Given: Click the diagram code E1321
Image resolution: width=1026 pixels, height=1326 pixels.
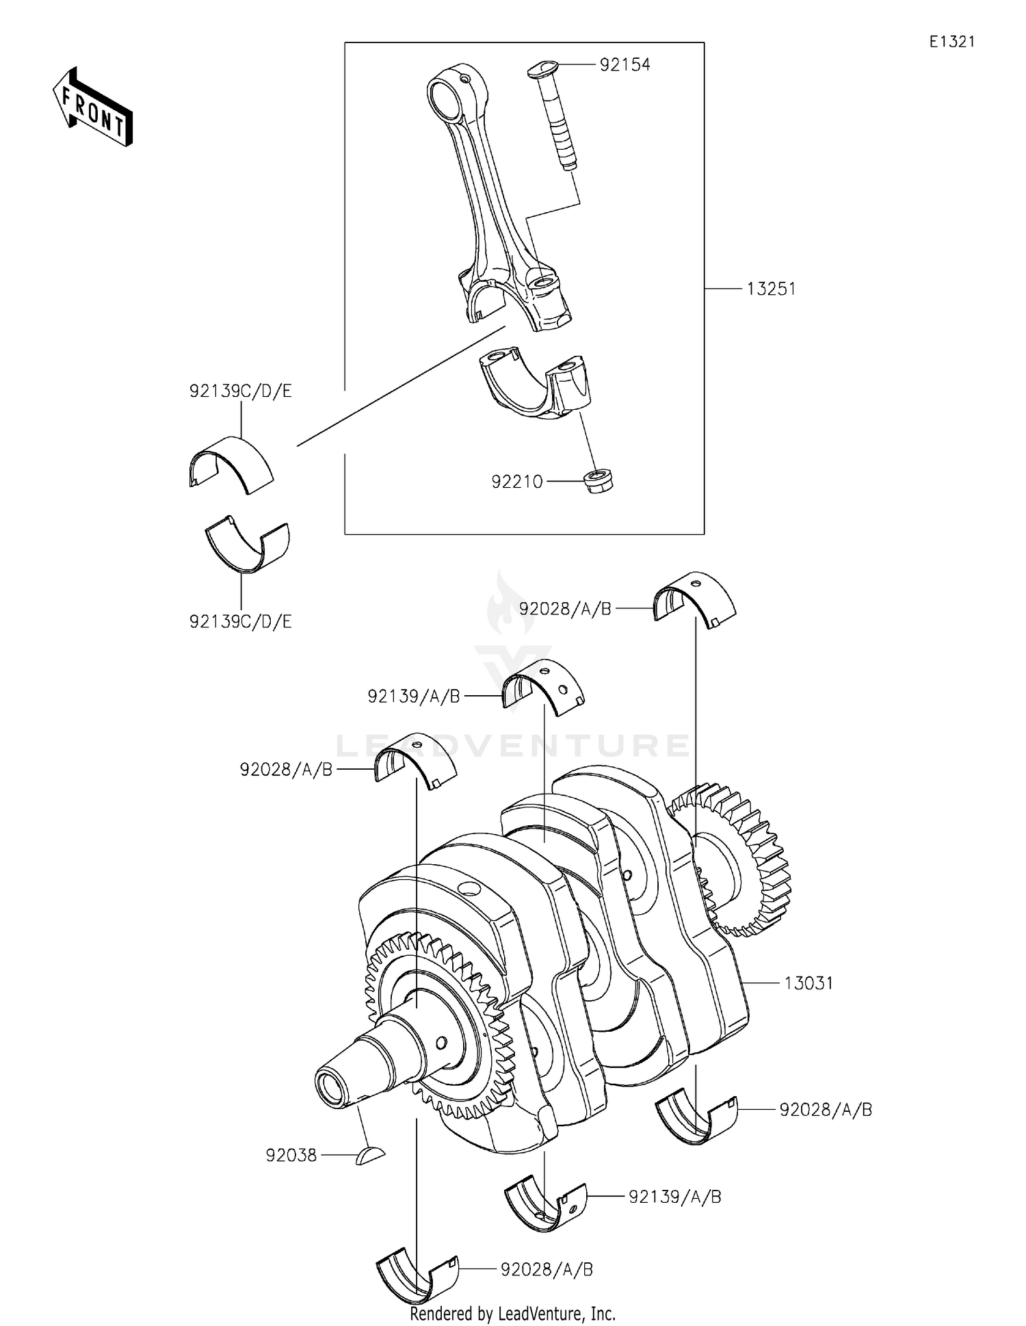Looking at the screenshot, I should click(x=951, y=42).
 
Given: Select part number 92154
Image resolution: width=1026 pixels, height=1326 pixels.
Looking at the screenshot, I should click(x=624, y=65).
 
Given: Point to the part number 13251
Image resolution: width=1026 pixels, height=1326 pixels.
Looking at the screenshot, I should click(x=771, y=289).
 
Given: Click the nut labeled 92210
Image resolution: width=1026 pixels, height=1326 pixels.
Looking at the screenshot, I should click(x=598, y=480).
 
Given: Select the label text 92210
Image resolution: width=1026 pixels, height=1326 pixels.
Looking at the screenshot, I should click(x=516, y=482).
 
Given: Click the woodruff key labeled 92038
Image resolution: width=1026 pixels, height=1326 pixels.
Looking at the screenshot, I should click(x=370, y=1156).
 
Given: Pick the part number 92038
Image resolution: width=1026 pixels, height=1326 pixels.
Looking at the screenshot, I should click(x=291, y=1156).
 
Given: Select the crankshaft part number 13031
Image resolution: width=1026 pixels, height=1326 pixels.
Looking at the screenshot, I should click(x=808, y=983).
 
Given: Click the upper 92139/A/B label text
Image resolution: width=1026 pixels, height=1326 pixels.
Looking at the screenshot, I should click(x=413, y=697).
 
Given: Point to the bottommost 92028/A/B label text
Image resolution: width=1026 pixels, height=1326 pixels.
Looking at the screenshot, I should click(x=547, y=1270).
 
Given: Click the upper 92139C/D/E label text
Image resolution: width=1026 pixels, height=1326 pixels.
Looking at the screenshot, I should click(x=240, y=391).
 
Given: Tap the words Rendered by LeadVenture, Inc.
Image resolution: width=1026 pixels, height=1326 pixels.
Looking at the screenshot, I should click(x=512, y=1314).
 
